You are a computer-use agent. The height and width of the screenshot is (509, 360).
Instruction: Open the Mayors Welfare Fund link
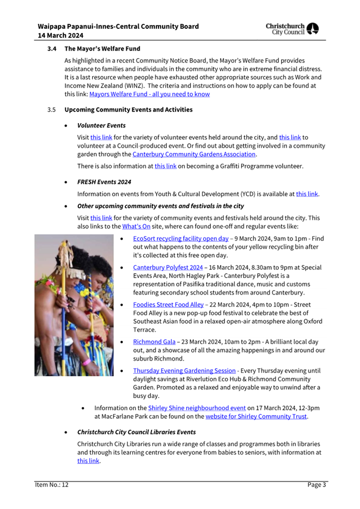point(149,94)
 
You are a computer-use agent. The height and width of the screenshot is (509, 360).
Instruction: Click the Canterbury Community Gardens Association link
point(194,154)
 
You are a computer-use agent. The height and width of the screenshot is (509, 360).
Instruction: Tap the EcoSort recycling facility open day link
point(181,238)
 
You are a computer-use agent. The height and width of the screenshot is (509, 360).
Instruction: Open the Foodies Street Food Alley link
point(168,305)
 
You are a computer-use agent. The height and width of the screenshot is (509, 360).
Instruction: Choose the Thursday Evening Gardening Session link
point(184,370)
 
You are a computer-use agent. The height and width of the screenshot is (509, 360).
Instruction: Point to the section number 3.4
point(51,49)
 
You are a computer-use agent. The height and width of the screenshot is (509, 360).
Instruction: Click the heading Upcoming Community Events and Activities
point(128,110)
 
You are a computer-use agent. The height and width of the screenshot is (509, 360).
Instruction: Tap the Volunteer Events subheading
point(101,126)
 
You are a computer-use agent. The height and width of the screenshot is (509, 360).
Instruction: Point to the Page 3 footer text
point(316,484)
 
